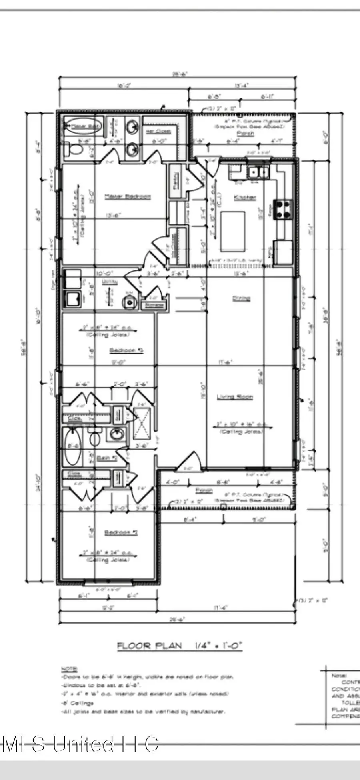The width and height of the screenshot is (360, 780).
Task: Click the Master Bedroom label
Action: click(x=128, y=196)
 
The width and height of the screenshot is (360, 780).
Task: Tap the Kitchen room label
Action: click(x=245, y=198)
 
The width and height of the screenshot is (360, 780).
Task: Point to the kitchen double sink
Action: click(x=258, y=172)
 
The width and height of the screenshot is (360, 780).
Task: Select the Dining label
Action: click(x=241, y=298)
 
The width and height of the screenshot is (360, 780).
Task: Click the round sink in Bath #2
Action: click(x=117, y=433)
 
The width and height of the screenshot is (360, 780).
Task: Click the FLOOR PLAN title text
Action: click(x=149, y=646)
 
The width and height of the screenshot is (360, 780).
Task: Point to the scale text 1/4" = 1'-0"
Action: click(x=218, y=645)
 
